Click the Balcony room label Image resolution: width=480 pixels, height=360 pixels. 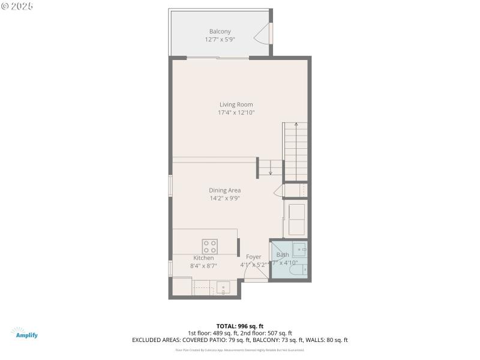point(220,31)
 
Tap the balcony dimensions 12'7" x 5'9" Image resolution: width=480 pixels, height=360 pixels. point(220,39)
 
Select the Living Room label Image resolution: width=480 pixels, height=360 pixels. point(236,104)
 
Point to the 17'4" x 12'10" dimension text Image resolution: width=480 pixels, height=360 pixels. point(236,112)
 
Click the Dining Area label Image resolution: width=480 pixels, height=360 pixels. point(224,190)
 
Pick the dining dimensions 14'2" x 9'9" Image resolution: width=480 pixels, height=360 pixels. point(224,198)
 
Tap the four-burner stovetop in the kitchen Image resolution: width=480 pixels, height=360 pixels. point(210,245)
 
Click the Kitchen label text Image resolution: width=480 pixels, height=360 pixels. point(203,258)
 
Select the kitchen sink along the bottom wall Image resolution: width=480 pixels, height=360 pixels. point(223,288)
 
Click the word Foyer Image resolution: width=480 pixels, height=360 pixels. point(253,257)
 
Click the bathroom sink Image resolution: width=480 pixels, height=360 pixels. point(299,249)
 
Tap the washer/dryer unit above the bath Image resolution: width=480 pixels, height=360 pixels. point(296,219)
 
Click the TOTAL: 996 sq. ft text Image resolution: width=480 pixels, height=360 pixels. point(240,326)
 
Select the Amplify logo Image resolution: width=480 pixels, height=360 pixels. point(24,333)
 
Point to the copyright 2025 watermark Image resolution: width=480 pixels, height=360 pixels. point(17,5)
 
